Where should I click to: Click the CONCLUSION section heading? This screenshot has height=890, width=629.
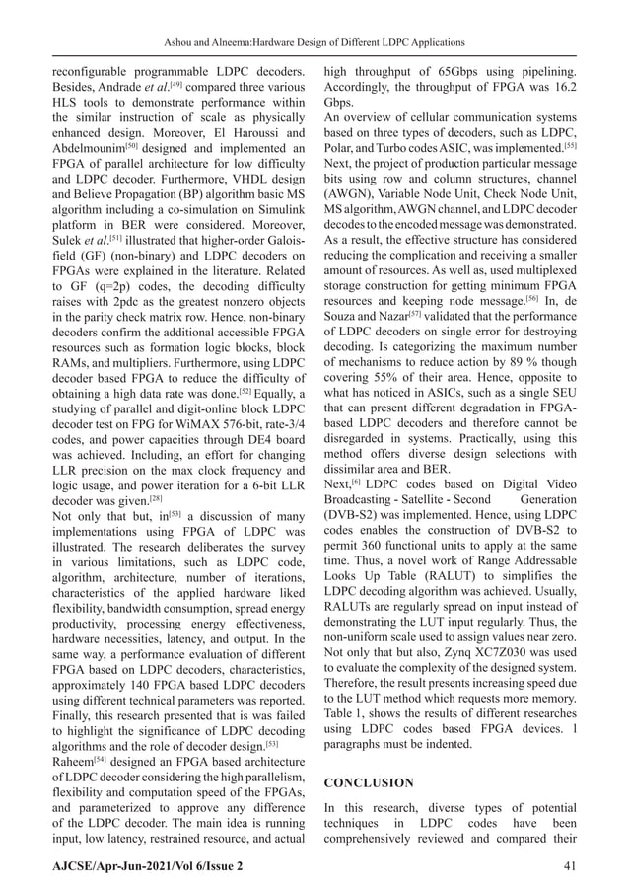[x=370, y=782]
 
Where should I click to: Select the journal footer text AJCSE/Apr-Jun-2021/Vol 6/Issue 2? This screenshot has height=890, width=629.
[x=147, y=866]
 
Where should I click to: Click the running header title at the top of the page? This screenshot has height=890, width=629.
[x=314, y=42]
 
